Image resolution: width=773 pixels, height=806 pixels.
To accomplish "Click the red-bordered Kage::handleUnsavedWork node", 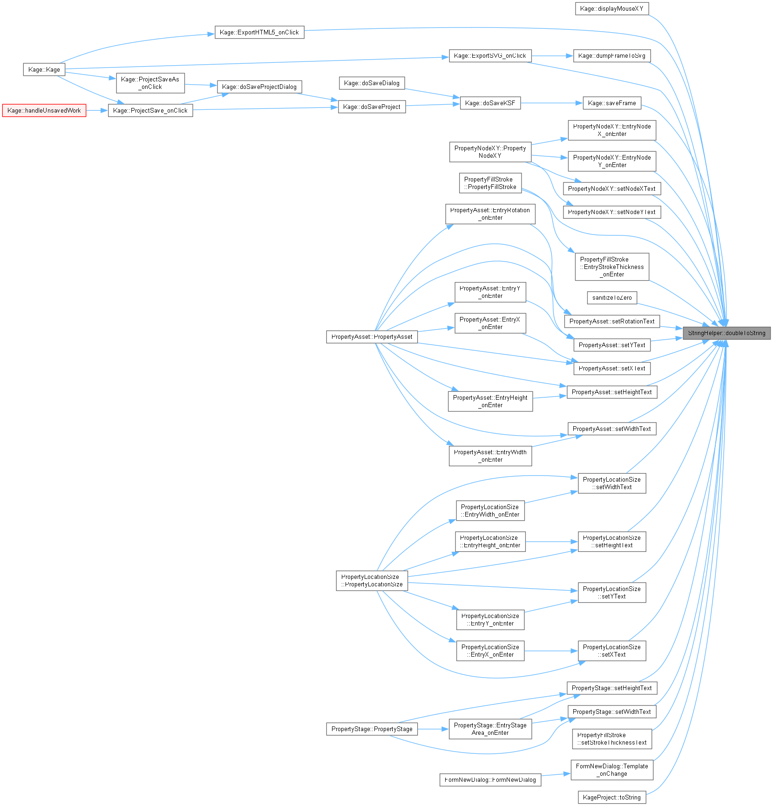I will (x=44, y=111).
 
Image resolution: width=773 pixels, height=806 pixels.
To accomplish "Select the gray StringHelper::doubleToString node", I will (x=726, y=333).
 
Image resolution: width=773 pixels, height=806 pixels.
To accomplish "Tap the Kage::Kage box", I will (x=44, y=70).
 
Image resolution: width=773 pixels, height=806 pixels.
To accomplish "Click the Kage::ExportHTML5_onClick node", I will (x=259, y=33).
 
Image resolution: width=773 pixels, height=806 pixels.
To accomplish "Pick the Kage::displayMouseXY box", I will (x=612, y=9).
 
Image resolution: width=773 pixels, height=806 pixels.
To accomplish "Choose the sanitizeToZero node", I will (x=612, y=298).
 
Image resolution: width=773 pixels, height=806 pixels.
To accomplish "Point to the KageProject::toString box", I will (x=612, y=797).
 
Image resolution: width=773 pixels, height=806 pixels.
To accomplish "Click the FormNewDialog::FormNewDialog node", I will (x=490, y=780).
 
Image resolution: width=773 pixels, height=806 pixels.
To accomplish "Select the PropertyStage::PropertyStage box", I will (x=372, y=729).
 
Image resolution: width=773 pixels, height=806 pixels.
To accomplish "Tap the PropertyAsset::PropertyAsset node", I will (x=372, y=337).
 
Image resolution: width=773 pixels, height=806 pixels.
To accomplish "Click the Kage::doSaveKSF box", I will (x=490, y=103).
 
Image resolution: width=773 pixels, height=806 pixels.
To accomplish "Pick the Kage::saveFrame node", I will (x=612, y=103).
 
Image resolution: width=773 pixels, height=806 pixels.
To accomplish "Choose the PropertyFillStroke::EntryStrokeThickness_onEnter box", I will (x=612, y=267).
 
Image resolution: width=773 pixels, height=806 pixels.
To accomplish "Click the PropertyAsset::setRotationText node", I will (x=612, y=322).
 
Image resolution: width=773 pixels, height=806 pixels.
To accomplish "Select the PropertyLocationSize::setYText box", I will (x=612, y=593).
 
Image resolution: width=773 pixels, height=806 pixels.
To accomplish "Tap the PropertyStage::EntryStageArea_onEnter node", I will (x=490, y=729).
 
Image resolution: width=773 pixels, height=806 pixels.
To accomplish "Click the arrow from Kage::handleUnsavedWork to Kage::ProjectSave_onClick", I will (x=97, y=111).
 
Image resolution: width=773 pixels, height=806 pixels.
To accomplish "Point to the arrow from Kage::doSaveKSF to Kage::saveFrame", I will (x=552, y=103).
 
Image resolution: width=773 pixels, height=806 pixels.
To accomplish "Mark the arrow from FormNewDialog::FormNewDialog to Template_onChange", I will (x=556, y=774).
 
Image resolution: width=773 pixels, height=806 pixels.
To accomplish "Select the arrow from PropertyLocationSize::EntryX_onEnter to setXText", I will (x=551, y=651).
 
